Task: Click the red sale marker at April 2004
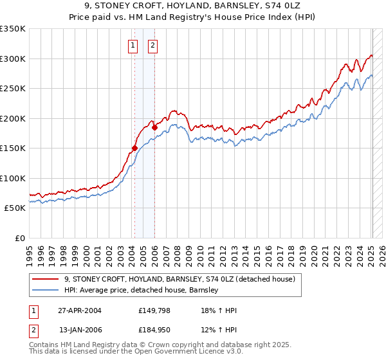pyautogui.click(x=134, y=148)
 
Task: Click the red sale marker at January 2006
pyautogui.click(x=154, y=127)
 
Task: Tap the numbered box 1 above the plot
pyautogui.click(x=133, y=45)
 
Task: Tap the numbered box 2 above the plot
pyautogui.click(x=153, y=45)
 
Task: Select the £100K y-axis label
pyautogui.click(x=13, y=178)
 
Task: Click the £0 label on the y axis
pyautogui.click(x=19, y=238)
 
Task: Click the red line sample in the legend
pyautogui.click(x=46, y=279)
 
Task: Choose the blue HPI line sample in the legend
pyautogui.click(x=46, y=291)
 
